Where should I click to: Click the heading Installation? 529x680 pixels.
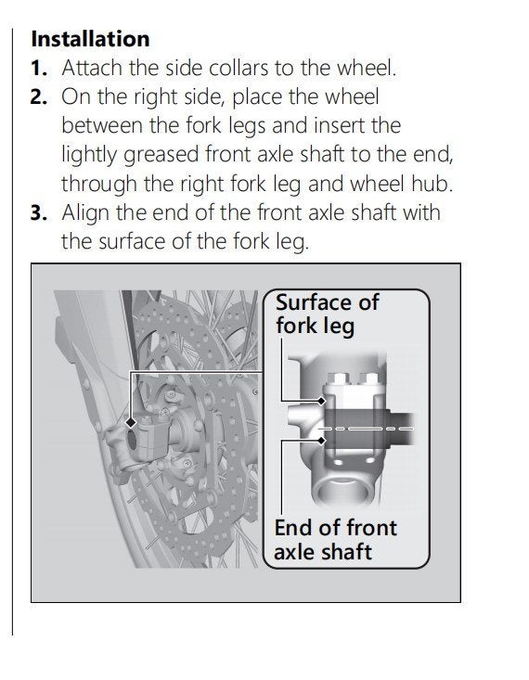[90, 39]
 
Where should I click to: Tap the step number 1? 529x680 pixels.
[39, 68]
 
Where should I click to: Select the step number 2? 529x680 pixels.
[39, 96]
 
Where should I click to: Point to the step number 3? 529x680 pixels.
[39, 213]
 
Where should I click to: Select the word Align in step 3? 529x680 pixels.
[86, 214]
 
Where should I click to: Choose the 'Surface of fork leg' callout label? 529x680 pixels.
[328, 314]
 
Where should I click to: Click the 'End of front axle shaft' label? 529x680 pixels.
[335, 540]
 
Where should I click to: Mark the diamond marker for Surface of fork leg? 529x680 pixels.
[321, 401]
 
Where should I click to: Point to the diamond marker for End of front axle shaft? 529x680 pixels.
[321, 441]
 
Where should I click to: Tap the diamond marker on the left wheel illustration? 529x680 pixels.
[131, 422]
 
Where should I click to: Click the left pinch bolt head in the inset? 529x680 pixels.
[339, 379]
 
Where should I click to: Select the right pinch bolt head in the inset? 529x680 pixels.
[369, 379]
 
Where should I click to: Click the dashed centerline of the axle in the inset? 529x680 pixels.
[367, 429]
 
